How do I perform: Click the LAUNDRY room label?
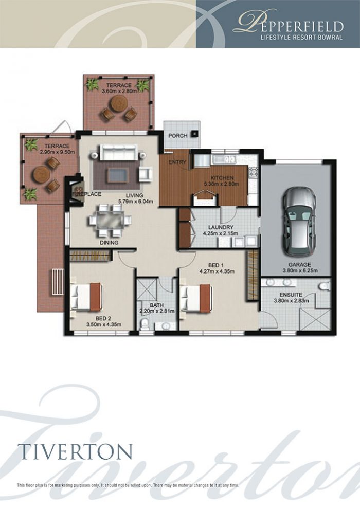(221, 227)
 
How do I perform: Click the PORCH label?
(177, 136)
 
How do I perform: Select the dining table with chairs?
(110, 220)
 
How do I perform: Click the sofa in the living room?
(118, 153)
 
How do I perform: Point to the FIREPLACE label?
(87, 194)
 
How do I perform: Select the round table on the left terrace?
(41, 175)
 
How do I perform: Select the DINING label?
(109, 242)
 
